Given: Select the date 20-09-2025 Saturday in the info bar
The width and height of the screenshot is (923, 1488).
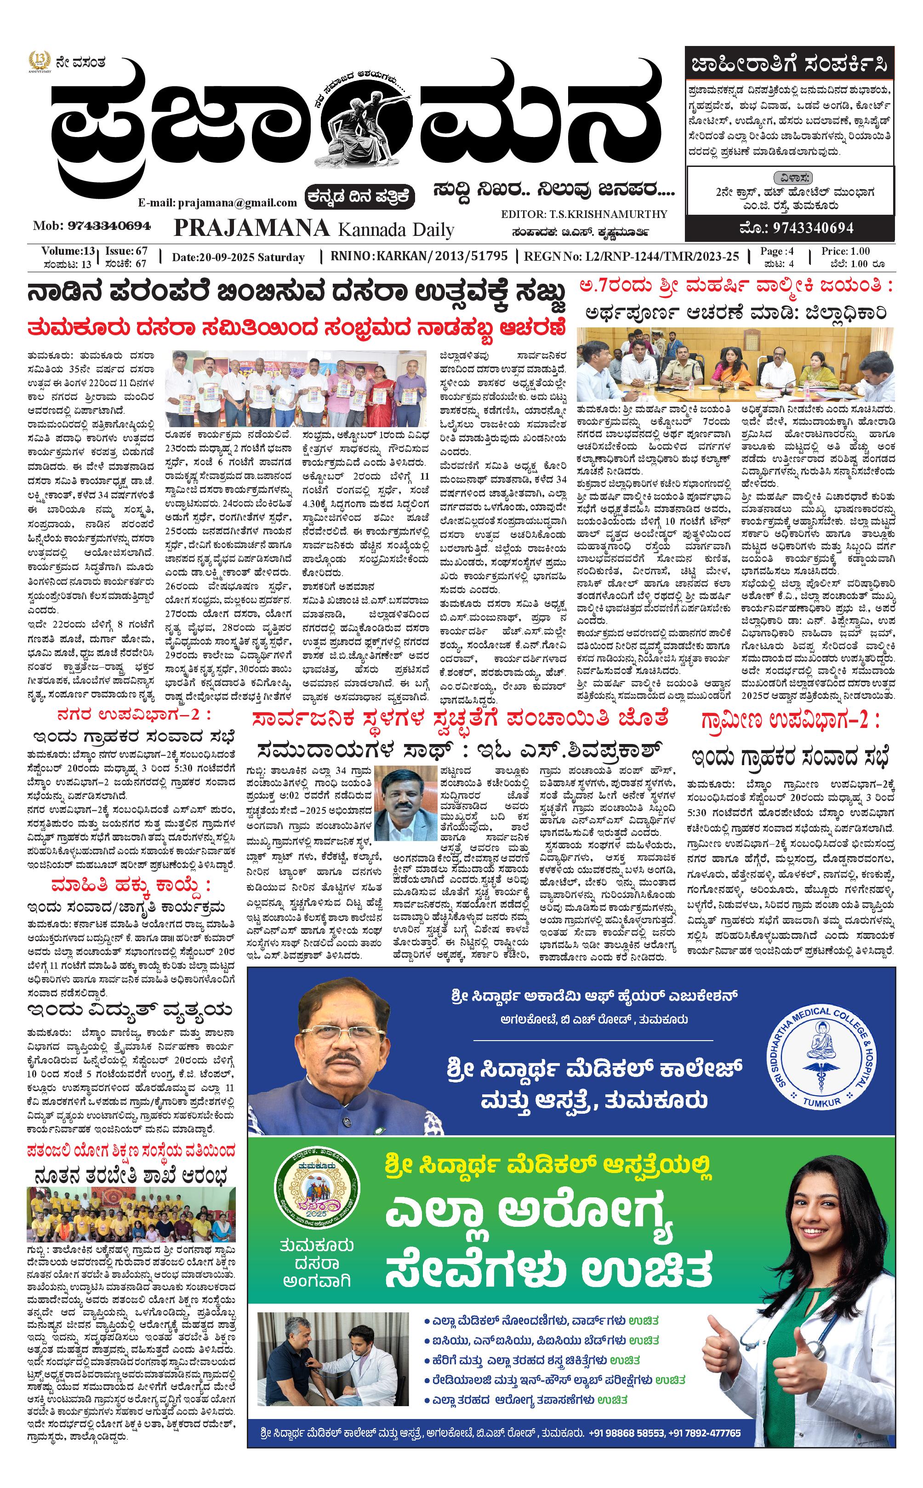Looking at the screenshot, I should click(x=238, y=257).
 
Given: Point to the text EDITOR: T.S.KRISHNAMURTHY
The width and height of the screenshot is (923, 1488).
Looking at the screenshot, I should click(x=584, y=214).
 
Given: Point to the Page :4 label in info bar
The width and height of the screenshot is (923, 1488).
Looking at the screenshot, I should click(x=776, y=251).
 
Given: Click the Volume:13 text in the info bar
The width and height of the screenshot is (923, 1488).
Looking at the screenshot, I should click(x=68, y=251).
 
